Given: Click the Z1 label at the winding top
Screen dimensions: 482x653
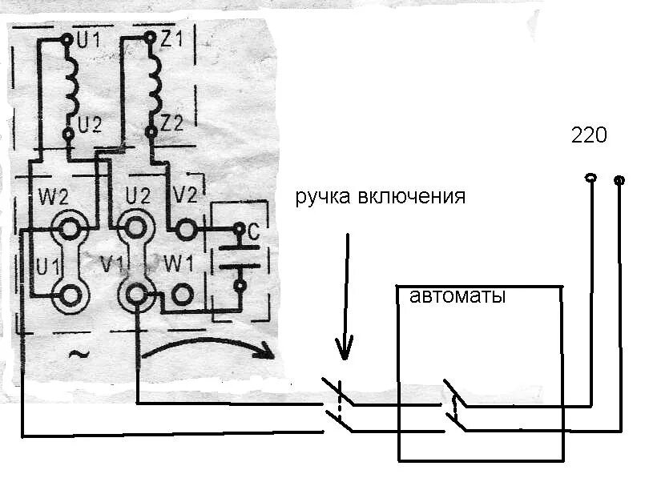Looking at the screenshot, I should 171,38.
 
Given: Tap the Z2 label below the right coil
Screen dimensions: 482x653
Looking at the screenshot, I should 171,123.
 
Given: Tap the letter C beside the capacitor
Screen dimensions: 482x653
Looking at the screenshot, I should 253,233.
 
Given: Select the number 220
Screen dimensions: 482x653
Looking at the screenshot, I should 589,135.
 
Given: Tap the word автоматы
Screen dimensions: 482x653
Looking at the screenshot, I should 458,296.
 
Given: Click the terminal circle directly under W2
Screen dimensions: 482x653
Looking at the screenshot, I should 70,230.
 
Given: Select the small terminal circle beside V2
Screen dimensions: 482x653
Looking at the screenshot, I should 186,231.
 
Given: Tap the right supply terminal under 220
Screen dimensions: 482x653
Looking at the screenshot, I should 619,180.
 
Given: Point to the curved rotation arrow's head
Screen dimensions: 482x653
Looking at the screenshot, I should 267,353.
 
